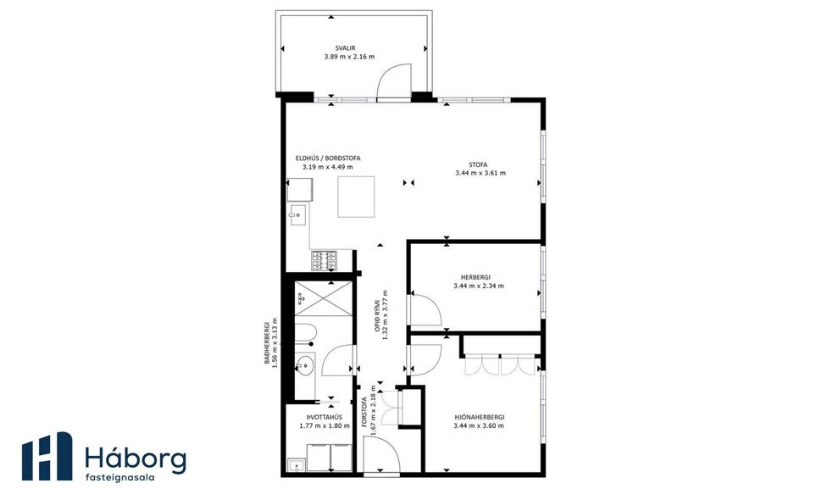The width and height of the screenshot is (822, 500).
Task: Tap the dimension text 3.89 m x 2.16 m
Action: pyautogui.click(x=348, y=57)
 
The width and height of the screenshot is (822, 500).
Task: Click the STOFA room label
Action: pyautogui.click(x=480, y=164)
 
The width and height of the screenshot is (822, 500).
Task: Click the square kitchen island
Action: pyautogui.click(x=357, y=197)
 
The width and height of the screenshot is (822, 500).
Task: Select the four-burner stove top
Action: pyautogui.click(x=324, y=260)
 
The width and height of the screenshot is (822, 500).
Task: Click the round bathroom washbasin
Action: pyautogui.click(x=304, y=365)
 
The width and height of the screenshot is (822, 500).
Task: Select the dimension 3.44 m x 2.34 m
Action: pyautogui.click(x=479, y=286)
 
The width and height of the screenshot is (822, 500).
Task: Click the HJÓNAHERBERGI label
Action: pyautogui.click(x=479, y=416)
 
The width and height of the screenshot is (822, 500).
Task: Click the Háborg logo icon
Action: pyautogui.click(x=47, y=457)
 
